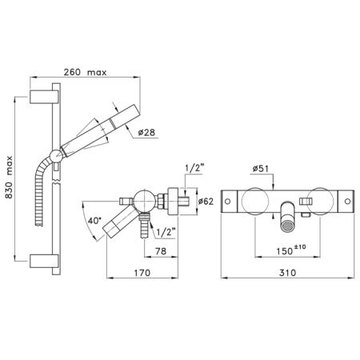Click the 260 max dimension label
[85, 72]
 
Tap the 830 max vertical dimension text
[9, 177]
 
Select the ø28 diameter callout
[146, 132]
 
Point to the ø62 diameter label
[206, 202]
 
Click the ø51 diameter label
[261, 169]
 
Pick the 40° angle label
[94, 221]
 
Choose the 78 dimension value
[161, 251]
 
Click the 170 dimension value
[142, 273]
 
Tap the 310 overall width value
[287, 273]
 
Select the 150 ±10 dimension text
[291, 250]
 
